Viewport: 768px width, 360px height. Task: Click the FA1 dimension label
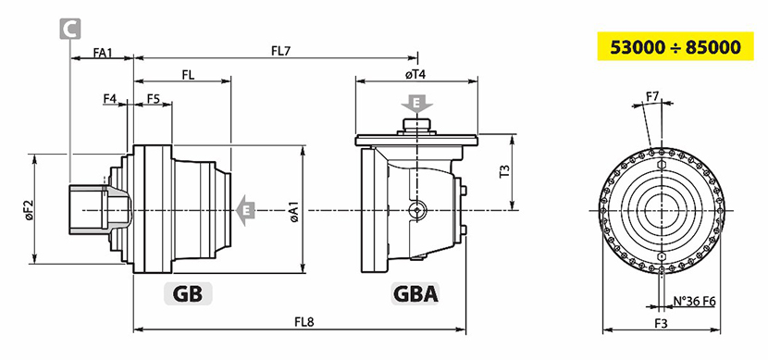103,52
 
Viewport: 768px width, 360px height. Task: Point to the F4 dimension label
110,98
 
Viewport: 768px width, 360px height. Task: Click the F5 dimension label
154,98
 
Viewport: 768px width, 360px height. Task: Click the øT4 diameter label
415,74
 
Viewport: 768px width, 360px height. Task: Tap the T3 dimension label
505,171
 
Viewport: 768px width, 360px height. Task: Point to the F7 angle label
651,96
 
